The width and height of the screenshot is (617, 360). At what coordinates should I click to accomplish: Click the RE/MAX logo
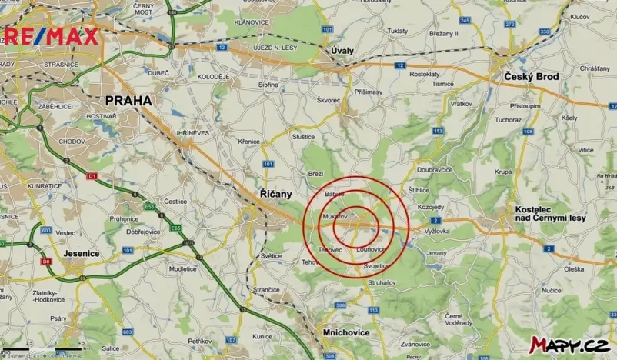click(52, 35)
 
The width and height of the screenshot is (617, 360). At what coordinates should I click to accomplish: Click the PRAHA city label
click(128, 100)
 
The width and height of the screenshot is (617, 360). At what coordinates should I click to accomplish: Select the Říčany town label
click(274, 194)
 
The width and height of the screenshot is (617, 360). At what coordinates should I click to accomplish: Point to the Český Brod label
click(532, 77)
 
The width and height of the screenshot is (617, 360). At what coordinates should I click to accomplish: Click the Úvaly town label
click(342, 50)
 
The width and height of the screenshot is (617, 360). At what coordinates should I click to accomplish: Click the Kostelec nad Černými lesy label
click(550, 214)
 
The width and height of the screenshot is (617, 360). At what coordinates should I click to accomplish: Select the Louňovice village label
click(371, 249)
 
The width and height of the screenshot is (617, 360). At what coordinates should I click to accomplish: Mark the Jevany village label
click(436, 252)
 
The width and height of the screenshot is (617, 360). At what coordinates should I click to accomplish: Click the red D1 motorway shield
click(92, 176)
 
